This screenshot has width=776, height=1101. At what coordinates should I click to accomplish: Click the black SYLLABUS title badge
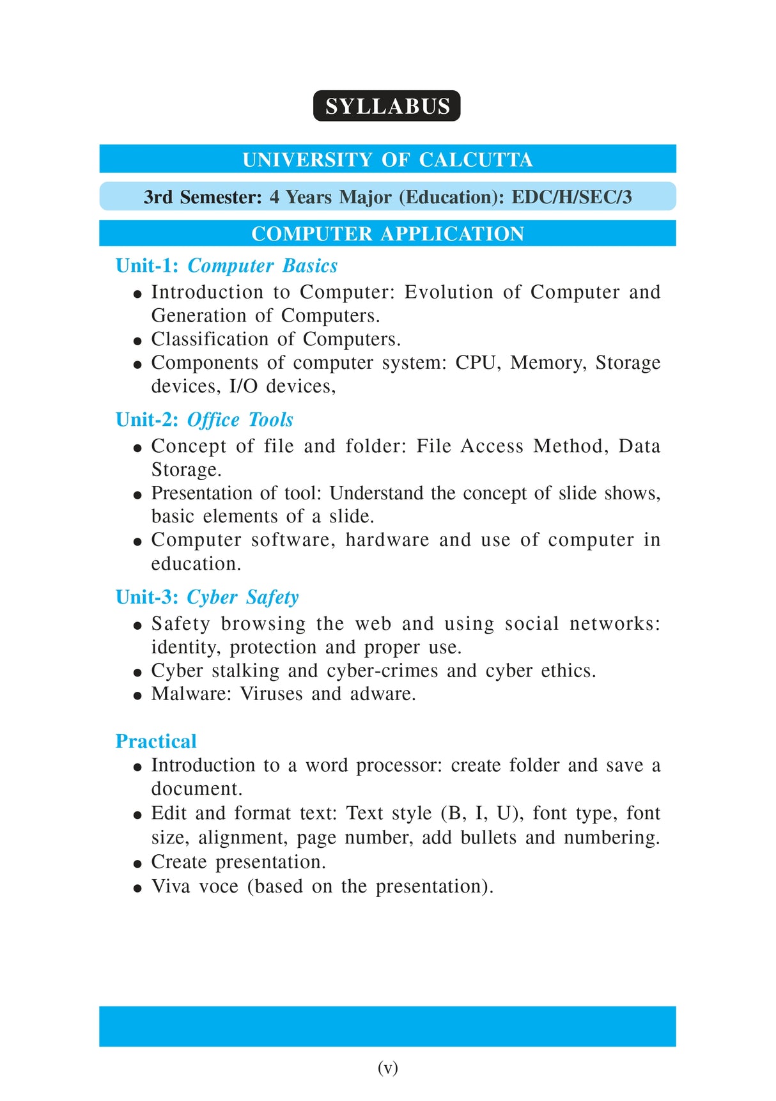[x=387, y=106]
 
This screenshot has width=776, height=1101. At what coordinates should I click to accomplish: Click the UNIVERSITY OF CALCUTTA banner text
[x=387, y=159]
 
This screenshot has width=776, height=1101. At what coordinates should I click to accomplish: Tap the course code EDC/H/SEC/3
[x=571, y=197]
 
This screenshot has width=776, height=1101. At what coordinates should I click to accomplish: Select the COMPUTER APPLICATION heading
[x=387, y=234]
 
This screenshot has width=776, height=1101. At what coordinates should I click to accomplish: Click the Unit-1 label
[x=146, y=266]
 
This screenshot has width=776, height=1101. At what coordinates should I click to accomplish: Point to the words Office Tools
[x=240, y=420]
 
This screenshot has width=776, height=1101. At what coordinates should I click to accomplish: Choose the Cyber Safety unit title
[x=242, y=597]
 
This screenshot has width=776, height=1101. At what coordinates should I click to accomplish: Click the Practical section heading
[x=156, y=742]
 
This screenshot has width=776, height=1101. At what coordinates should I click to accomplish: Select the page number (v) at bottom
[x=387, y=1067]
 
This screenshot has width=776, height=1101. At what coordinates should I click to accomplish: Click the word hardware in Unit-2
[x=387, y=540]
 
